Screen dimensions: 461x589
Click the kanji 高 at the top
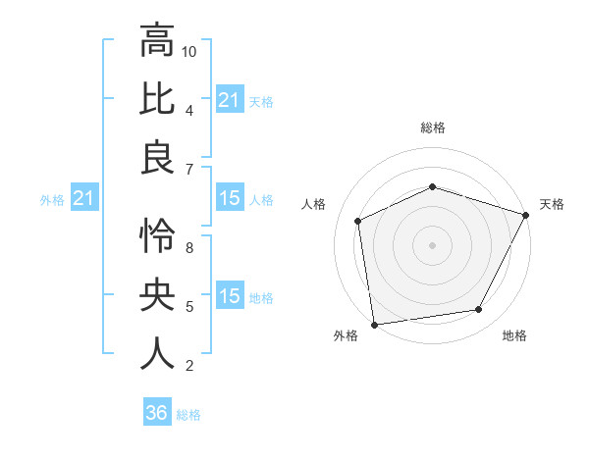coord(157,42)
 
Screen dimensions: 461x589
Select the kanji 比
coord(157,100)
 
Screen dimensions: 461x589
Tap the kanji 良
coord(157,159)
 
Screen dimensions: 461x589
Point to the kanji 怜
coord(157,235)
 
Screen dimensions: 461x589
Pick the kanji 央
coord(157,294)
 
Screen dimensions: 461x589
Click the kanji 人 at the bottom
coord(157,353)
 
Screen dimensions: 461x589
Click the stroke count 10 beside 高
coord(189,51)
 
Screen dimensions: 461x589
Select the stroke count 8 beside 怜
coord(189,247)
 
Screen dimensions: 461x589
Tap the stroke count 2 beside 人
coord(189,366)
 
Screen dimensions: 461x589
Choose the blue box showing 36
coord(157,413)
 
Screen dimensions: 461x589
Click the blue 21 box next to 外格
coord(84,199)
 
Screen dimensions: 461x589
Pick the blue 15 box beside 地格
coord(229,297)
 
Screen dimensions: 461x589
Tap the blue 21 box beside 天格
coord(229,100)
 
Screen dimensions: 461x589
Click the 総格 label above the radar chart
coord(432,128)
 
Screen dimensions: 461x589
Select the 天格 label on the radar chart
coord(552,204)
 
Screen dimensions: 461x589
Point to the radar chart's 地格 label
coord(514,335)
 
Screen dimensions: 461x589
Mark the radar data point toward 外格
coord(374,324)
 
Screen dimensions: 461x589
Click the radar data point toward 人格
coord(358,221)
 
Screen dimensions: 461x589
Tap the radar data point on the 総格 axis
coord(432,186)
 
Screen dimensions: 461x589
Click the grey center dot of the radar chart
coord(432,244)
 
